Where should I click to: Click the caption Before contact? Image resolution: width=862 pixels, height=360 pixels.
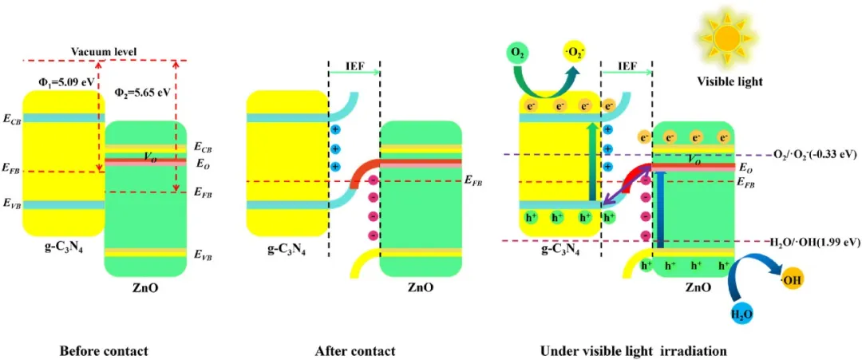104,350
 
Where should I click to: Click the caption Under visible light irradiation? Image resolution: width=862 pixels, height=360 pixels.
634,350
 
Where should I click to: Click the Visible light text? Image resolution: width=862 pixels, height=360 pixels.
730,81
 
